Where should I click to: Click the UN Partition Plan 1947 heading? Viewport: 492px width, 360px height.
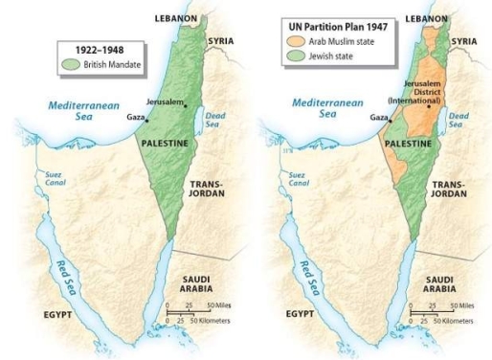[331, 26]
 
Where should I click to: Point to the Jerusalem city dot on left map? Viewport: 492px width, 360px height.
[186, 105]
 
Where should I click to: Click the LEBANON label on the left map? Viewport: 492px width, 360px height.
[176, 18]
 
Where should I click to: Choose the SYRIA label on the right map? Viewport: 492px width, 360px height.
[463, 42]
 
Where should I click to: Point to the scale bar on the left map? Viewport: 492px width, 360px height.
[196, 312]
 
